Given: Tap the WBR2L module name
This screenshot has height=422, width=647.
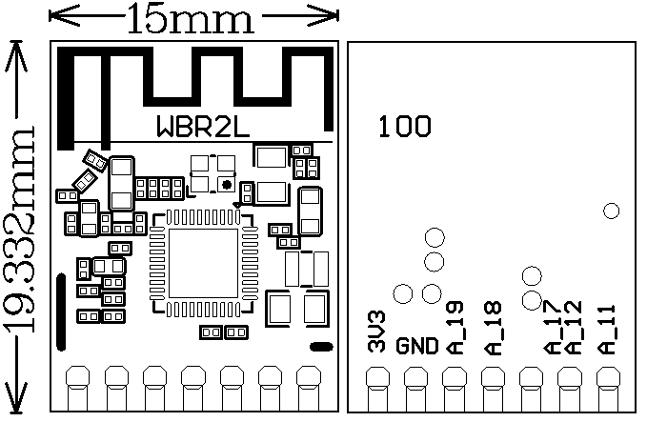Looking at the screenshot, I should [202, 127].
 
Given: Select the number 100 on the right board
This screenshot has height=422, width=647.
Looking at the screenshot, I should [404, 127].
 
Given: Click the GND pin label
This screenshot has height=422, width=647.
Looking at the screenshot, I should [416, 346].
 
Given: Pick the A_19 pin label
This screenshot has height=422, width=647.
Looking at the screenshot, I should [454, 328].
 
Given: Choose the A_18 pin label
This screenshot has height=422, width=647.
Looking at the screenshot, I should [494, 329].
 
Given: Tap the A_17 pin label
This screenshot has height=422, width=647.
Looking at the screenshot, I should [554, 328].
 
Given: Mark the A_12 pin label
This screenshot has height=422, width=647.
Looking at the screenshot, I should [573, 328].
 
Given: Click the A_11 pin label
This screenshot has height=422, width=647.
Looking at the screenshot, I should [608, 329].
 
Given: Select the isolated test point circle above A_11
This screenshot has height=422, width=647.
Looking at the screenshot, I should [612, 211].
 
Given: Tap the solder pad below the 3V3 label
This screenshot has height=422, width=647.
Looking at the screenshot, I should [378, 385].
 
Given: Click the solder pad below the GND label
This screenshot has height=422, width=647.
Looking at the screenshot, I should [416, 385].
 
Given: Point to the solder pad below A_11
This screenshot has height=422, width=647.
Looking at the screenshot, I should [608, 385].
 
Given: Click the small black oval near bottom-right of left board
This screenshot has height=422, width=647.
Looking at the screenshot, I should [321, 347].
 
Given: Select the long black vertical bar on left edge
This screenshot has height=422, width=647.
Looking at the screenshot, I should [61, 312].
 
